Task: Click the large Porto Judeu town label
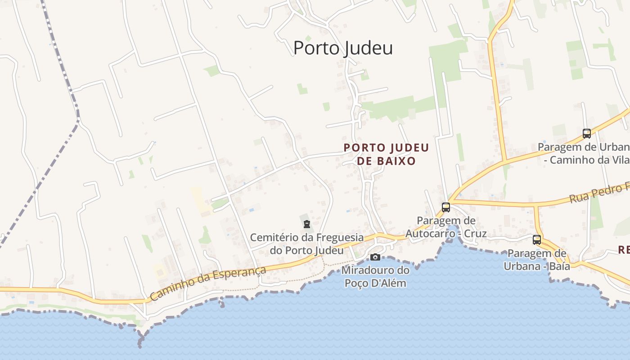click(x=343, y=48)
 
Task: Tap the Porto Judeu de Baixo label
click(x=386, y=154)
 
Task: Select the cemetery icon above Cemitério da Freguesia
click(x=307, y=224)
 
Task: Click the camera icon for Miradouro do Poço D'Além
click(x=375, y=257)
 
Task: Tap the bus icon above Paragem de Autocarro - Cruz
click(x=446, y=207)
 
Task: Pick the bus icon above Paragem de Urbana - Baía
click(x=537, y=240)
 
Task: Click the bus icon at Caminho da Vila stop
click(x=587, y=134)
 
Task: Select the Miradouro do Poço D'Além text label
click(x=375, y=277)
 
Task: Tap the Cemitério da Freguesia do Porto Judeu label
click(x=307, y=243)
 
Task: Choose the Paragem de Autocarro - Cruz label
click(x=446, y=227)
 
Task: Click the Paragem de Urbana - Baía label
click(x=537, y=260)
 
